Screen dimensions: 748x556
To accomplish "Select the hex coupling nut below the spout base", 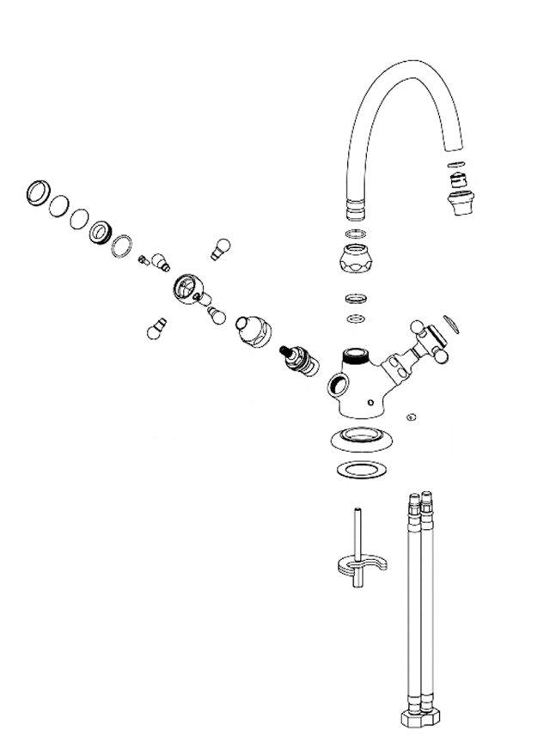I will tap(357, 258).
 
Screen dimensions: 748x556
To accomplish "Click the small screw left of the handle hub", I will tap(142, 261).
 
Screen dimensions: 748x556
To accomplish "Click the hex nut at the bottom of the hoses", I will tap(419, 717).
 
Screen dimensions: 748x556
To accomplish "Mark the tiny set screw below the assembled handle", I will tap(411, 417).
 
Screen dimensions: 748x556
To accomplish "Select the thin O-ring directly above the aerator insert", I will tap(457, 165).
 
